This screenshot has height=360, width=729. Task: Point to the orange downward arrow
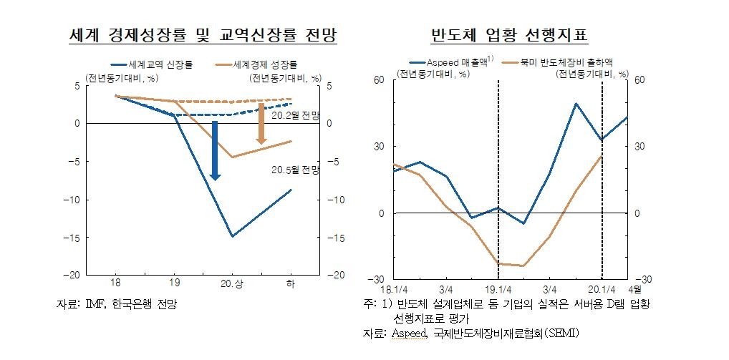(x=262, y=123)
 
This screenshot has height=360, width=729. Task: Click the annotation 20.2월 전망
(x=295, y=115)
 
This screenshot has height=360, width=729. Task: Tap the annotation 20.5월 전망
(x=295, y=170)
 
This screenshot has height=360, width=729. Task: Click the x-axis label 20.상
(x=231, y=285)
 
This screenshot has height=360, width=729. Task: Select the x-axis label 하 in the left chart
(x=291, y=285)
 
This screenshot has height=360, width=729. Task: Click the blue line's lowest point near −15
(x=232, y=236)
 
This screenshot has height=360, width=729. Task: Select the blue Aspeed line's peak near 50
(x=576, y=104)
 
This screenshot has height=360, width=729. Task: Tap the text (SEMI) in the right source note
(x=559, y=334)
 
